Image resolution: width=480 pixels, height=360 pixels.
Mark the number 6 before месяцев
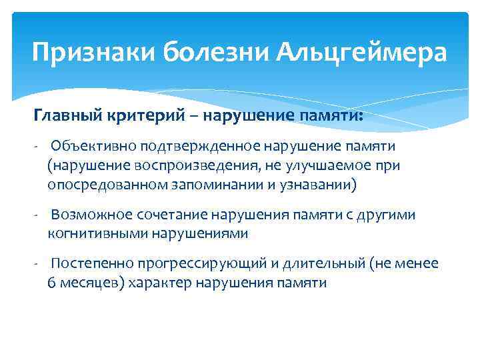51,282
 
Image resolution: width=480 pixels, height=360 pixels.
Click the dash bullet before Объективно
39,146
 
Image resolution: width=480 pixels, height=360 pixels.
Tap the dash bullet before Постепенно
39,264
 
